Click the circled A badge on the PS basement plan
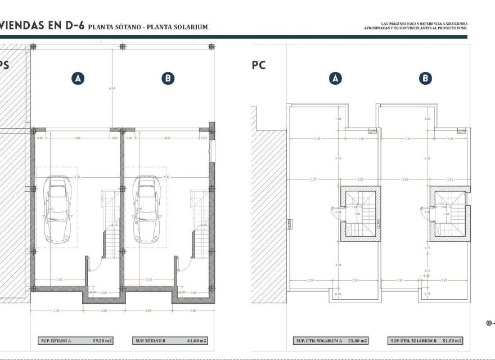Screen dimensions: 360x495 (78, 79)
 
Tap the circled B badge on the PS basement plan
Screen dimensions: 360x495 (168, 79)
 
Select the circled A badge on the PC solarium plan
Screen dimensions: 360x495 (336, 79)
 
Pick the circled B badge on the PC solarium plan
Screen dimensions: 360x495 (426, 79)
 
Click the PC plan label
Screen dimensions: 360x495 (258, 65)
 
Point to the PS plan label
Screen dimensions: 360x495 (4, 65)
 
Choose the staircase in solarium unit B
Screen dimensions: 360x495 (450, 214)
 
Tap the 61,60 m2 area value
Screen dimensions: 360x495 (196, 341)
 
